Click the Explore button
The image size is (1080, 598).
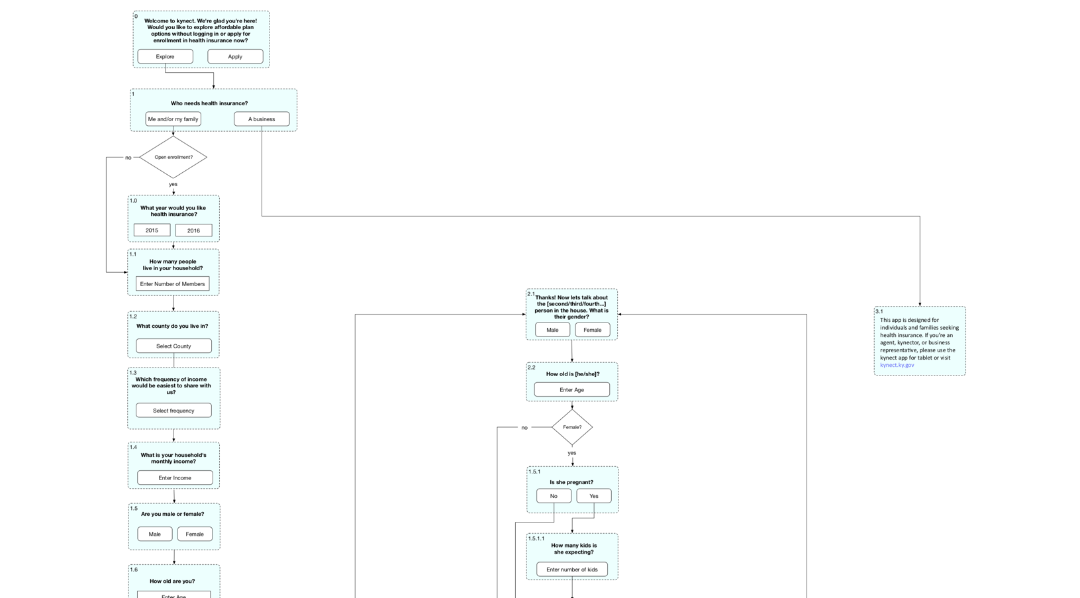pyautogui.click(x=165, y=56)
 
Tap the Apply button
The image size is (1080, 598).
pyautogui.click(x=235, y=56)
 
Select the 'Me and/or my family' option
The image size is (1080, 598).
pyautogui.click(x=173, y=119)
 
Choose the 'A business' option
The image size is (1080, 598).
pyautogui.click(x=262, y=119)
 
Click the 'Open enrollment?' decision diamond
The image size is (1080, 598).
pyautogui.click(x=173, y=157)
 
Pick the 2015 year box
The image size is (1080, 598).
pyautogui.click(x=152, y=230)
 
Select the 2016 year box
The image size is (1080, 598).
pyautogui.click(x=193, y=230)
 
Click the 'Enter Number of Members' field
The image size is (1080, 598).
pyautogui.click(x=172, y=283)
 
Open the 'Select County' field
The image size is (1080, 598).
pyautogui.click(x=173, y=346)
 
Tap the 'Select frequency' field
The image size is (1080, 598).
pyautogui.click(x=173, y=411)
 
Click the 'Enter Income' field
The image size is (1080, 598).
pyautogui.click(x=175, y=477)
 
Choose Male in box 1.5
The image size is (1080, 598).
pyautogui.click(x=154, y=534)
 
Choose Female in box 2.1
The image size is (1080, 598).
pyautogui.click(x=592, y=330)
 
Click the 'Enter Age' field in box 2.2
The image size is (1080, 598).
pyautogui.click(x=571, y=389)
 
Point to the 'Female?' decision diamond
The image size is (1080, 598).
pyautogui.click(x=572, y=427)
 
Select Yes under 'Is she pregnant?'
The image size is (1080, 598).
pyautogui.click(x=593, y=496)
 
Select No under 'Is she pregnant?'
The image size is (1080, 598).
pyautogui.click(x=554, y=496)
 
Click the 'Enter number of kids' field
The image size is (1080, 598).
pyautogui.click(x=572, y=570)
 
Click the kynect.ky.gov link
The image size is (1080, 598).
pyautogui.click(x=897, y=365)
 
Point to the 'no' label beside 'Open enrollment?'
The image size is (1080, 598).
pyautogui.click(x=128, y=158)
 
